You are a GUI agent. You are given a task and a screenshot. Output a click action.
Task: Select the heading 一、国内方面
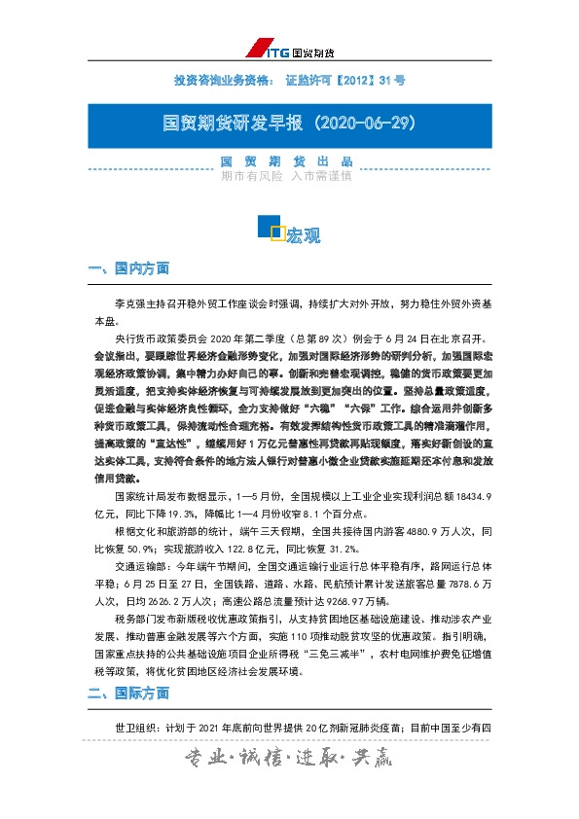tap(127, 267)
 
